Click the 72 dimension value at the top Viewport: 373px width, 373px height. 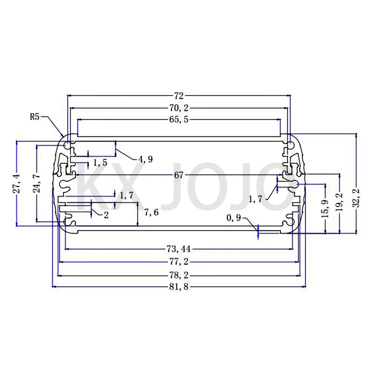179,96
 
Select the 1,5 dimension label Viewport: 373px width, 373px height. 100,163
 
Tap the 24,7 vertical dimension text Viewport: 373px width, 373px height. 37,183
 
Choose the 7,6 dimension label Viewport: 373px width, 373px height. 151,213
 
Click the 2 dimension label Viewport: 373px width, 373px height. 106,215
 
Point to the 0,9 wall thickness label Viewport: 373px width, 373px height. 234,218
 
